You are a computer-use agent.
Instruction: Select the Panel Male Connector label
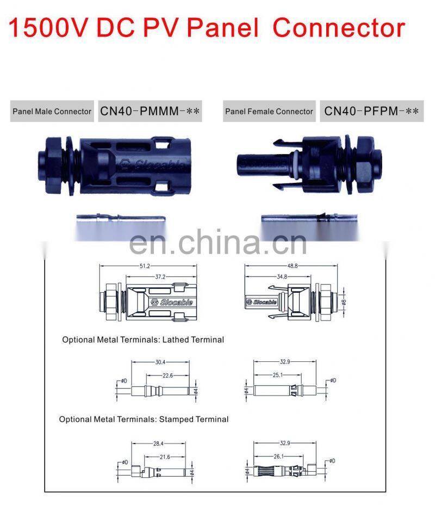52,112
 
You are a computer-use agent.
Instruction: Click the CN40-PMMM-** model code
150,112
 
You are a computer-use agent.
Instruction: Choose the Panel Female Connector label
269,112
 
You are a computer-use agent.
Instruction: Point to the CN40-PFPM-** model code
371,112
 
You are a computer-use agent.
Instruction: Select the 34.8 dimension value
281,277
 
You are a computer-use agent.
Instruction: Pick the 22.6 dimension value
168,375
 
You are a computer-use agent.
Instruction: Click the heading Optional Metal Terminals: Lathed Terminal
143,340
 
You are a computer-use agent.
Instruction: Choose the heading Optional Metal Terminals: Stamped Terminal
144,420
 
